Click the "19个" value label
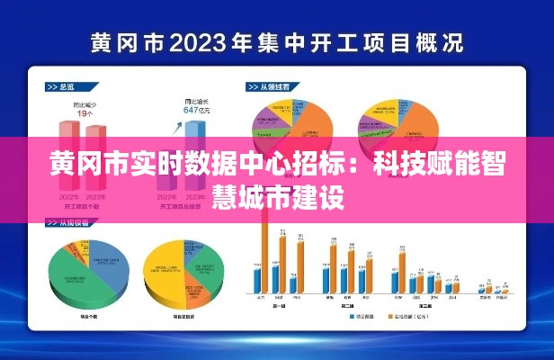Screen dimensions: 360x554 (86, 113)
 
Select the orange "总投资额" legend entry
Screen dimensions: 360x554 (409, 318)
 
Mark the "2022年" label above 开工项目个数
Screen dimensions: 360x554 (69, 196)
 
